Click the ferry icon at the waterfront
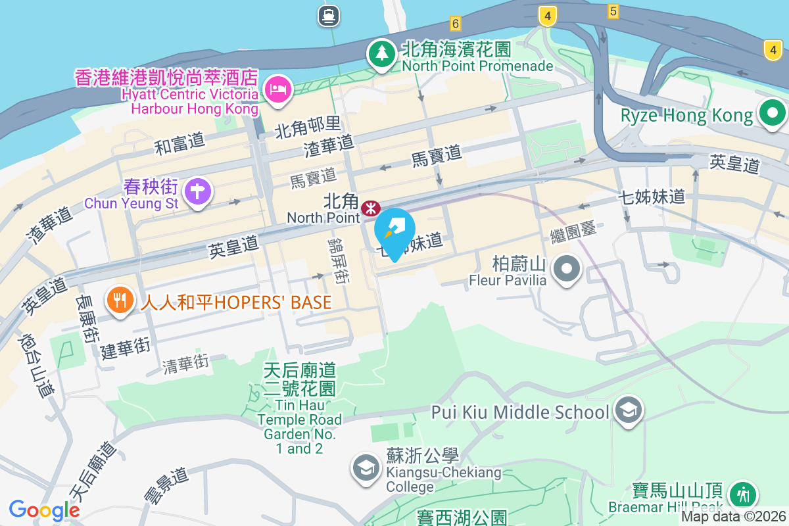[x=328, y=15]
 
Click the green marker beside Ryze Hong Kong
[x=772, y=114]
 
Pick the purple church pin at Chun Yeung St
[x=197, y=192]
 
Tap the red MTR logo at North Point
[x=371, y=208]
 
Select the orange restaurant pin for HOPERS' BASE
[x=119, y=301]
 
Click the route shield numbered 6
[x=455, y=24]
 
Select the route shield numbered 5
[x=613, y=11]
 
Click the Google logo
[x=45, y=510]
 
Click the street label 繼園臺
[x=573, y=231]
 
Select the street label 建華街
[x=126, y=348]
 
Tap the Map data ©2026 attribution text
[x=733, y=517]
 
